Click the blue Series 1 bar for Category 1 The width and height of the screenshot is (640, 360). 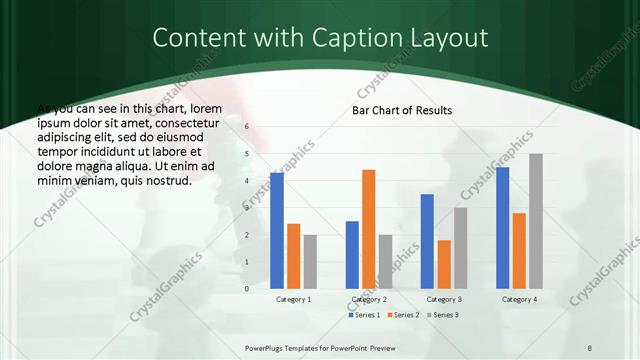[x=277, y=231]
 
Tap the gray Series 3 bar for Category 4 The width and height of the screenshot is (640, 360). [x=535, y=221]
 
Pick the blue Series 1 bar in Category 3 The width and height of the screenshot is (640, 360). [x=427, y=241]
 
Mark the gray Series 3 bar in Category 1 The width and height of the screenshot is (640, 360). [x=310, y=262]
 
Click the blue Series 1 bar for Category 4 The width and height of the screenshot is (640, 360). [x=502, y=228]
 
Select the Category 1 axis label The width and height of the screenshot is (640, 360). [x=293, y=300]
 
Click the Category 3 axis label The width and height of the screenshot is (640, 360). [x=443, y=300]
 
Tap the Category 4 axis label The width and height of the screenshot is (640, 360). [x=518, y=300]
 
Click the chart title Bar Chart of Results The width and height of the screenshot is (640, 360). [x=402, y=110]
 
